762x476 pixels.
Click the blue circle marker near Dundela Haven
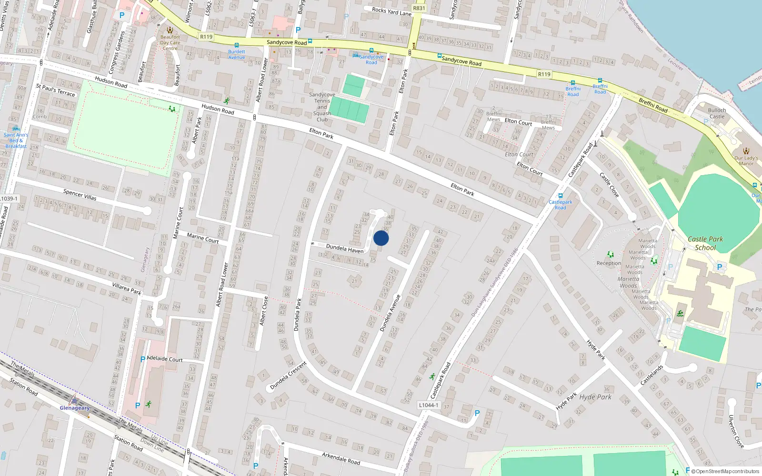pos(381,238)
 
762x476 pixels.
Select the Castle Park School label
pos(705,243)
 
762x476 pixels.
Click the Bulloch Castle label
pos(717,113)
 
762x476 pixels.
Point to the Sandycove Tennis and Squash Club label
pos(322,107)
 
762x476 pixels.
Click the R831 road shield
pos(419,8)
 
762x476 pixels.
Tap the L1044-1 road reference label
pos(428,405)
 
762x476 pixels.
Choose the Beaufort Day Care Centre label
pos(170,42)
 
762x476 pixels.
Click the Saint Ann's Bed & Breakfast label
pos(16,140)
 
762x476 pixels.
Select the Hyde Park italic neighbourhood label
pos(595,397)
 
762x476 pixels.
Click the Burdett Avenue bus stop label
pos(237,54)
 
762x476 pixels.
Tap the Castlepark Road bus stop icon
pos(561,195)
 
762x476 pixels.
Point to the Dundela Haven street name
pos(345,248)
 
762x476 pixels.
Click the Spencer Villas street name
pos(80,194)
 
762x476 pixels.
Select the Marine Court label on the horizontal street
pos(203,238)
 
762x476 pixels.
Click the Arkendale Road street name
pos(341,458)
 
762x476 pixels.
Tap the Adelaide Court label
pos(165,359)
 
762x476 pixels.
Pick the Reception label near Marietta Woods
pos(609,263)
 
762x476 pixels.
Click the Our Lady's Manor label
pos(746,161)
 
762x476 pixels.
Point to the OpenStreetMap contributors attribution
pos(725,471)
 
